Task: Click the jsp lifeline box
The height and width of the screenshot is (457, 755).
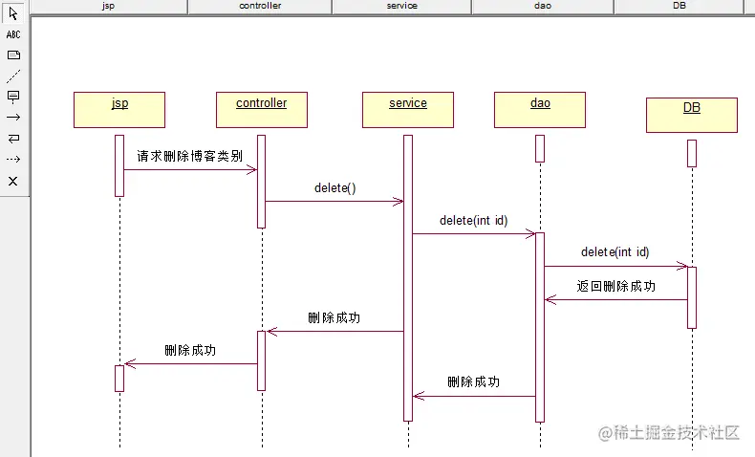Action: coord(119,109)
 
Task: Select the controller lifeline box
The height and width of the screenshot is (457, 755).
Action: coord(261,109)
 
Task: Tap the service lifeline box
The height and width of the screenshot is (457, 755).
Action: coord(408,109)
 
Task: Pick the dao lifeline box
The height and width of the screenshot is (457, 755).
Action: coord(540,109)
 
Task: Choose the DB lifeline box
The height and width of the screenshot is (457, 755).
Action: coord(691,115)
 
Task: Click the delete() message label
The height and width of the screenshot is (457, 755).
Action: coord(334,187)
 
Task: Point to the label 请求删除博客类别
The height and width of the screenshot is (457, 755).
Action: coord(189,156)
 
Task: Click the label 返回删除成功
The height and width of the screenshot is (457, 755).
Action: coord(616,286)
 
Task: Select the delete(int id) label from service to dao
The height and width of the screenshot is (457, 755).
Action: coord(473,220)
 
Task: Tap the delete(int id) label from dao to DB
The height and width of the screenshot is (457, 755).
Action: coord(615,252)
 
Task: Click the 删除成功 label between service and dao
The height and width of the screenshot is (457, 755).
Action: coord(473,381)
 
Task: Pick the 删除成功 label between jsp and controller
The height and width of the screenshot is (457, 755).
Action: coord(190,350)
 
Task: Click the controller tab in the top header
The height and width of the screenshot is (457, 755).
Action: coord(259,6)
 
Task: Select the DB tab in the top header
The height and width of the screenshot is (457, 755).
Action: coord(679,6)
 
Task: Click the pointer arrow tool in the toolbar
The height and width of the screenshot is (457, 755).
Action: coord(13,14)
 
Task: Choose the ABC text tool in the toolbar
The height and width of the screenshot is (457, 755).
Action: coord(13,34)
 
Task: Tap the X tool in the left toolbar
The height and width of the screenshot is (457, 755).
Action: coord(13,181)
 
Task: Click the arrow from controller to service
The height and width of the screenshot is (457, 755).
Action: coord(334,201)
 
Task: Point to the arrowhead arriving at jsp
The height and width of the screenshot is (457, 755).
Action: coord(130,363)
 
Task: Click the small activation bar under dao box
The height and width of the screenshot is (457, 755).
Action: coord(540,148)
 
